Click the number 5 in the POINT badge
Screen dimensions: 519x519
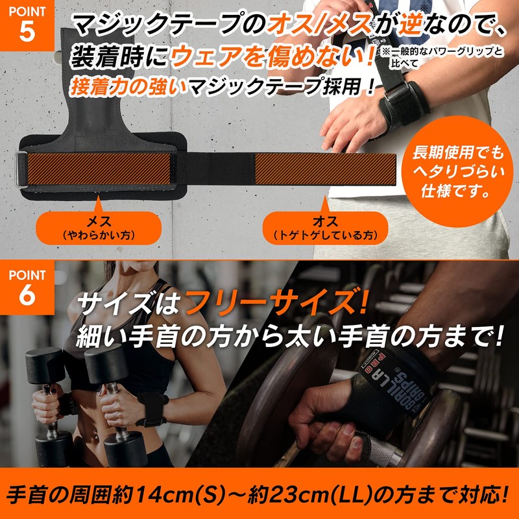(27, 34)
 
